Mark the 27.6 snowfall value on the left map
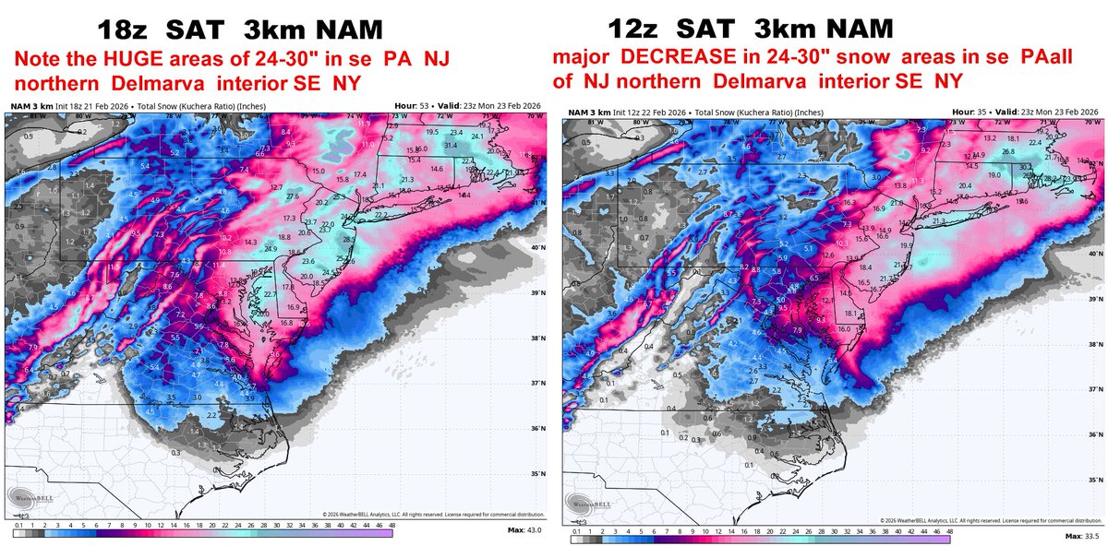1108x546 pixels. coord(292,196)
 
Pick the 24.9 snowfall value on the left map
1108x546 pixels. coord(271,248)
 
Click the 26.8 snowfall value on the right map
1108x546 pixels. coord(1009,151)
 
